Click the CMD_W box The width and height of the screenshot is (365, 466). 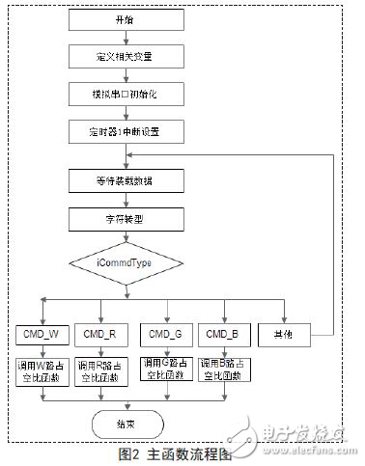(x=41, y=335)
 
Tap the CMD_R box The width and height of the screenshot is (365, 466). (x=100, y=335)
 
